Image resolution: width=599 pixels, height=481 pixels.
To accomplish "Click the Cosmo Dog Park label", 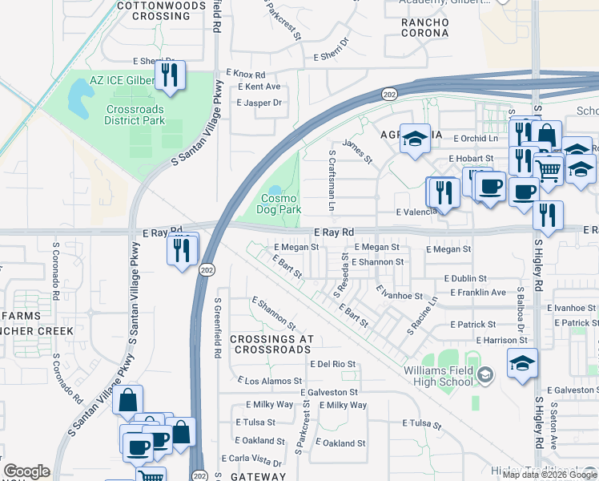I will click(278, 204).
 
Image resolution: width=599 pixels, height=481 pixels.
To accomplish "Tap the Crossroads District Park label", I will click(134, 115).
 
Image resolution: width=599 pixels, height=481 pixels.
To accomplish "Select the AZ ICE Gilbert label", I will click(122, 82).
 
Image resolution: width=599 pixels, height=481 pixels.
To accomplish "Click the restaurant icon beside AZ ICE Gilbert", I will click(170, 75).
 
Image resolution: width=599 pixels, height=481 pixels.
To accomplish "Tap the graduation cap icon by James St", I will click(414, 139).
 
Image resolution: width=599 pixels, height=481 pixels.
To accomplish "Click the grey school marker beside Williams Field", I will click(484, 375).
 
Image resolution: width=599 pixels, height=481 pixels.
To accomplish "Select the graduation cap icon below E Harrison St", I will click(522, 364).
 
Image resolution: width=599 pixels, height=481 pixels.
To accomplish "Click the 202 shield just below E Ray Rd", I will click(206, 269).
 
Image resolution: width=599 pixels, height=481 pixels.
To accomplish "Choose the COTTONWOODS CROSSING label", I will click(155, 10).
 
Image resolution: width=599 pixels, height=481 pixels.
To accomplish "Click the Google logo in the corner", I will click(26, 471).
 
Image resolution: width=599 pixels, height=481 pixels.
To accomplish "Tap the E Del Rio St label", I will click(332, 364).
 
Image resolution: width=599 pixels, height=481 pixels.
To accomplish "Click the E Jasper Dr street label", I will click(259, 103).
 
